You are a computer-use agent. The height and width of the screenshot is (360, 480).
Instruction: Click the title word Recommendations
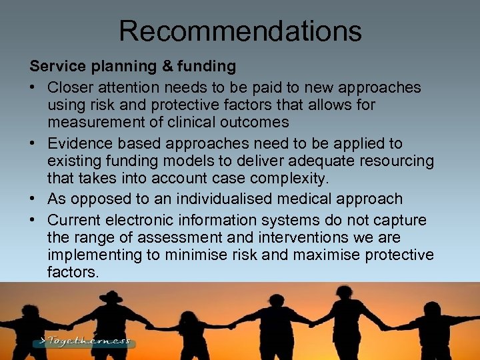240,31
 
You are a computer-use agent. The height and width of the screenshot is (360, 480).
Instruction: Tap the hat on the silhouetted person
111,296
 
